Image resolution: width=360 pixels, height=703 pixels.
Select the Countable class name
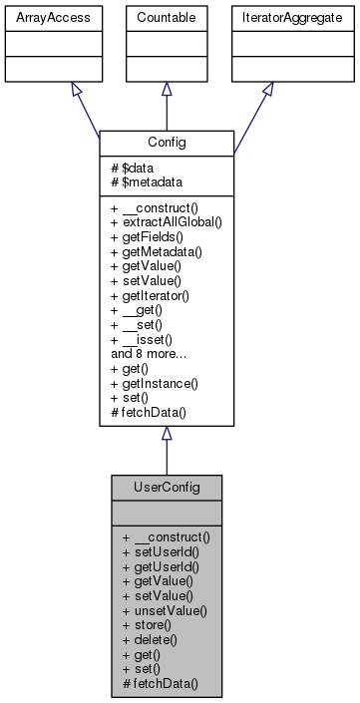(167, 17)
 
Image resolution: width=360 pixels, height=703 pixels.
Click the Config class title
(167, 142)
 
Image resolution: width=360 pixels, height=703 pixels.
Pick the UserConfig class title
(167, 487)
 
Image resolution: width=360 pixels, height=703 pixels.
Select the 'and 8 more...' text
(152, 352)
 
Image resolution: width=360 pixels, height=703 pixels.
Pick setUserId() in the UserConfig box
(161, 550)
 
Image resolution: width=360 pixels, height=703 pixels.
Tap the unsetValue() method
(166, 606)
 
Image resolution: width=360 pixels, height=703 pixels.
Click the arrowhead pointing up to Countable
(167, 89)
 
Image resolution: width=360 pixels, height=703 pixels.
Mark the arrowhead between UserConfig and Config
(167, 434)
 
